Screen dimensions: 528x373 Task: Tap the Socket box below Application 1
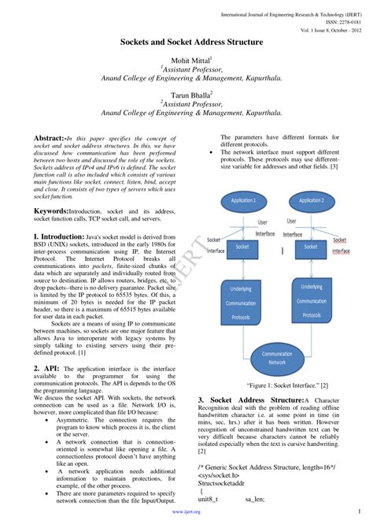242,247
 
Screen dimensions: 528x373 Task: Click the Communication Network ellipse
276,359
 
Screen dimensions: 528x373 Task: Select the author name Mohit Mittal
185,60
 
